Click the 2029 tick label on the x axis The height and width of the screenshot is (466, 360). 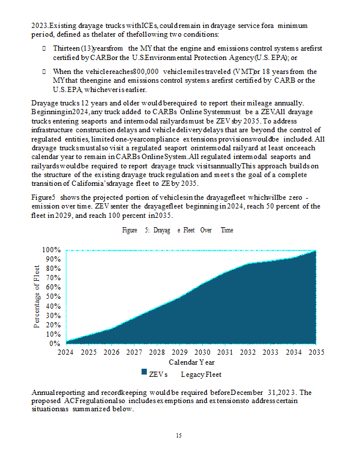coord(179,352)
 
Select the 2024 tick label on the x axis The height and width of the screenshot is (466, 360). coord(66,352)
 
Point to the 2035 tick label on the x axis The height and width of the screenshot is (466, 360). coord(316,352)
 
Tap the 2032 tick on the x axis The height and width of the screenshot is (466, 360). coord(248,352)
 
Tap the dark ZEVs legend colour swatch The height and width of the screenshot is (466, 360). coord(143,373)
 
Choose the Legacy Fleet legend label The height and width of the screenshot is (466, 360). coord(202,373)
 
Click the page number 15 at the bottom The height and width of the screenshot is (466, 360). coord(179,435)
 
